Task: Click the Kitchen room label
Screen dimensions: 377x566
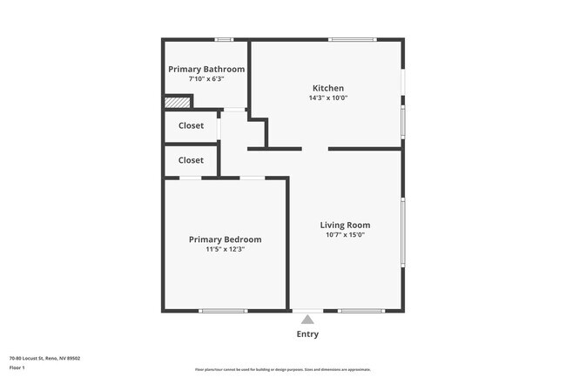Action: (x=328, y=88)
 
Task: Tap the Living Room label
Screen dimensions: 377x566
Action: (x=345, y=225)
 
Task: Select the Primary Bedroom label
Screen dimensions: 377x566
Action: (x=225, y=239)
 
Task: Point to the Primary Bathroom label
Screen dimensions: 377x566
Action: (x=206, y=69)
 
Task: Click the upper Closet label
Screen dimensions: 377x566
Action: (x=191, y=125)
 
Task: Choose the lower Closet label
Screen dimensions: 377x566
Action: (x=191, y=160)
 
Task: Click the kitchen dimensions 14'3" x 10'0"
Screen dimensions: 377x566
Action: (x=328, y=98)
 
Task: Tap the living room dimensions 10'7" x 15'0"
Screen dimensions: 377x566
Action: (x=345, y=235)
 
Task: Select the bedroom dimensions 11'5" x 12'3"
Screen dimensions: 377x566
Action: (x=225, y=250)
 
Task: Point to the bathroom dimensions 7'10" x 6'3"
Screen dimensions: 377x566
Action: (x=206, y=79)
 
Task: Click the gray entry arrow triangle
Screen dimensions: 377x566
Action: (x=307, y=320)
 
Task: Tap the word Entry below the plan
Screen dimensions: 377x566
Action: (x=307, y=334)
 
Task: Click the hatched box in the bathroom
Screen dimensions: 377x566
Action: (x=177, y=103)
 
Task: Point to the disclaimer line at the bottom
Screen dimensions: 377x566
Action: (x=282, y=371)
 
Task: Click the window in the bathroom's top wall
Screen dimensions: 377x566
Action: (x=224, y=39)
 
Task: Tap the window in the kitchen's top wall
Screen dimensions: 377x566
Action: (x=352, y=39)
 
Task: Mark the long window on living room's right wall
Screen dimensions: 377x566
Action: (x=403, y=232)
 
